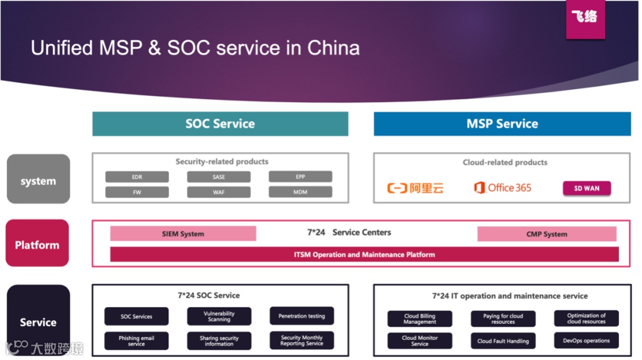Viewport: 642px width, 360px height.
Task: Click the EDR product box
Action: click(x=137, y=177)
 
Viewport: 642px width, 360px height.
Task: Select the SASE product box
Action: click(x=219, y=177)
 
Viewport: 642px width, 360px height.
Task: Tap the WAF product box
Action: click(x=219, y=192)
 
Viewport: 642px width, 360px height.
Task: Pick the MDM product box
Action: click(x=300, y=192)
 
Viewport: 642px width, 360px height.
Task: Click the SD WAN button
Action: click(x=587, y=188)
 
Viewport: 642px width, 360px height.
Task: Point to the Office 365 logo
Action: click(x=502, y=188)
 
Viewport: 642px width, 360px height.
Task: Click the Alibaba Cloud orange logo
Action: click(x=416, y=188)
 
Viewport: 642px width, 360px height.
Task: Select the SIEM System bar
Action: click(x=183, y=234)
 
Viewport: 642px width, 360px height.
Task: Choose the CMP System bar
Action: click(x=546, y=234)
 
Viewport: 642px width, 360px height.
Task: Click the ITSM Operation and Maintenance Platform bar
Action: click(x=364, y=255)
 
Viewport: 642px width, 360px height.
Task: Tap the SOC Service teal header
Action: click(x=220, y=124)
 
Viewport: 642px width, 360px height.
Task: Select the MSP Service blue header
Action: click(x=502, y=124)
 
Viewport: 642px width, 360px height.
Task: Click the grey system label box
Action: click(x=38, y=179)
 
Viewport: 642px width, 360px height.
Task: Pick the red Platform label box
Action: click(x=37, y=243)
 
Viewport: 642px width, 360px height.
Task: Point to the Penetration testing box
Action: click(x=301, y=316)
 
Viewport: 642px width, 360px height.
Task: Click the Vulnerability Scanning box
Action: click(x=219, y=316)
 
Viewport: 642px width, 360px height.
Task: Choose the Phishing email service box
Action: click(x=136, y=341)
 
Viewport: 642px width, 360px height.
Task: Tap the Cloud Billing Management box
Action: click(x=420, y=319)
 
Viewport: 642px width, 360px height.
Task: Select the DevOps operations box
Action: click(x=586, y=341)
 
